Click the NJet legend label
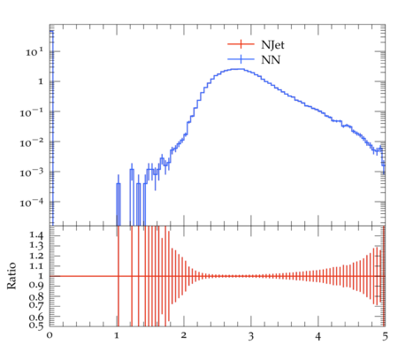point(272,45)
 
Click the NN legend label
point(271,60)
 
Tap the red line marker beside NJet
point(241,44)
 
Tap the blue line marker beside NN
point(241,59)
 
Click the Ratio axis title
point(11,276)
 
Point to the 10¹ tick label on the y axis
point(34,52)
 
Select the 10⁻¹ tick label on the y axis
point(31,112)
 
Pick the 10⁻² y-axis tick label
point(31,142)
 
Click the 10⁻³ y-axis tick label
point(31,172)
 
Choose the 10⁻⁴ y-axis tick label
point(31,203)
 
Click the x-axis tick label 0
point(50,335)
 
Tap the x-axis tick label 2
point(184,335)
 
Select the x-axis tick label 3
point(251,336)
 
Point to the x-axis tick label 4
point(318,336)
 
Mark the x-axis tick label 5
point(385,336)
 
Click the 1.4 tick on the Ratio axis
point(36,235)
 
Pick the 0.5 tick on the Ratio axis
point(36,325)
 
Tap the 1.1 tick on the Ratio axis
point(36,266)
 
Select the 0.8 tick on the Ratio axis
point(36,296)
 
